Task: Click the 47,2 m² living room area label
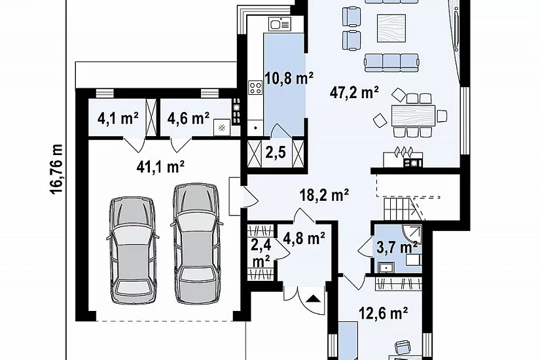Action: [354, 92]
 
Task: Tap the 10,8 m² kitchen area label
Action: [289, 78]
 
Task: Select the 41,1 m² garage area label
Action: [160, 167]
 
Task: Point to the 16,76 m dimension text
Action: [56, 169]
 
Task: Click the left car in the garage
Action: [132, 250]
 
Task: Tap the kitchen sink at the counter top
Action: [280, 24]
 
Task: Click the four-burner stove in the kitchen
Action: [255, 87]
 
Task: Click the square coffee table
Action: [391, 28]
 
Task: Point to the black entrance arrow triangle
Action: [313, 298]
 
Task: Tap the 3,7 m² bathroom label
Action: [397, 247]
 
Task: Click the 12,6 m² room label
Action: [384, 313]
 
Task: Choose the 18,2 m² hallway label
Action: [324, 194]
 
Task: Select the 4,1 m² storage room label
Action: [118, 118]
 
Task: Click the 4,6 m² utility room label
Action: [189, 118]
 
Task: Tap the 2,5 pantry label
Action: [276, 152]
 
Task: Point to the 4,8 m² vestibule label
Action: [304, 238]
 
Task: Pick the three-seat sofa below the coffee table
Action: [391, 62]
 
